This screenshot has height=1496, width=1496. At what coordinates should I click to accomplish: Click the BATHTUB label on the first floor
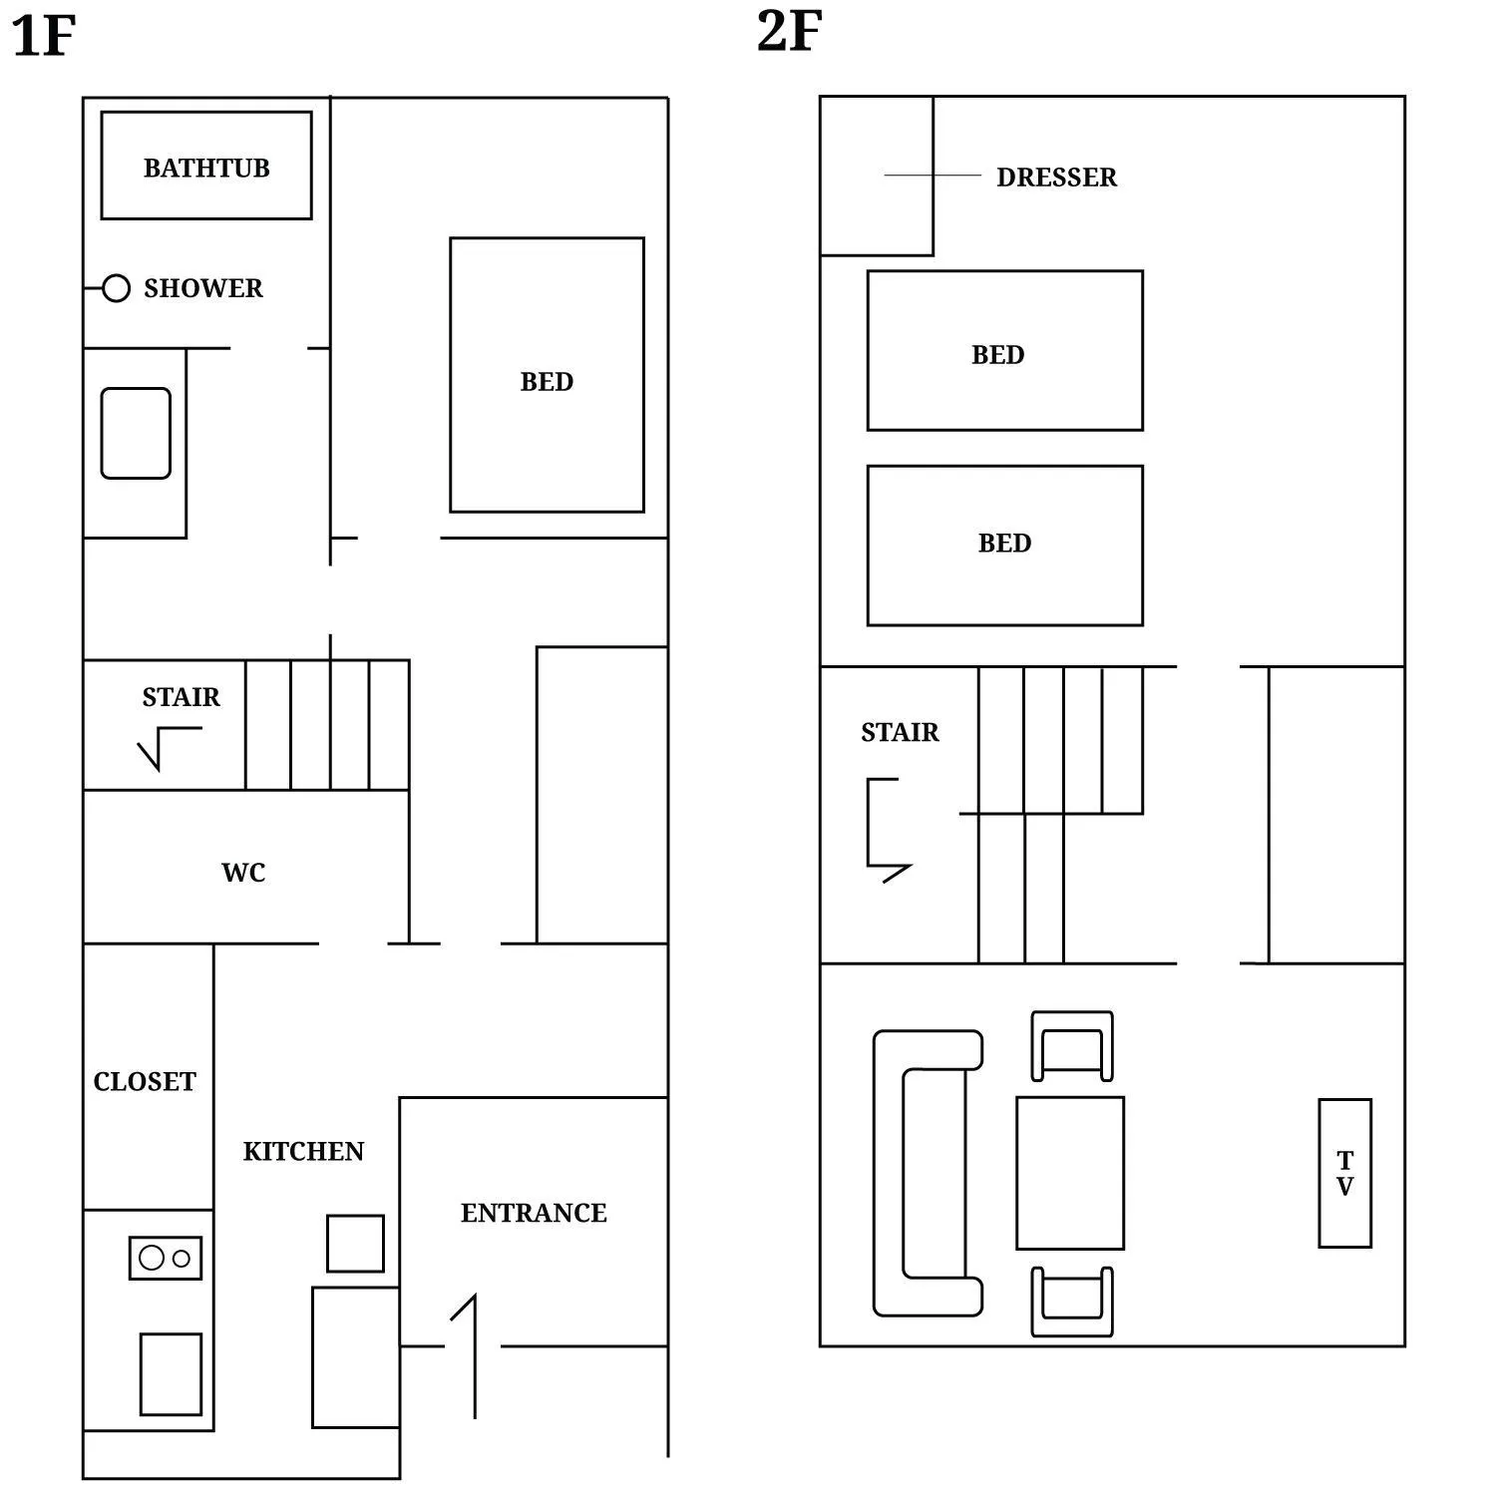206,168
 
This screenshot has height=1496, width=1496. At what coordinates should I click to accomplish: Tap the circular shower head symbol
116,288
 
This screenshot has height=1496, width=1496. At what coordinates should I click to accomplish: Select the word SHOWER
203,288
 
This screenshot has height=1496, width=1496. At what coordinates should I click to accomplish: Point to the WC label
243,873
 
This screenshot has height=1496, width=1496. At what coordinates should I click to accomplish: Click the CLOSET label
145,1082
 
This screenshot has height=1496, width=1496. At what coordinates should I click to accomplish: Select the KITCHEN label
303,1152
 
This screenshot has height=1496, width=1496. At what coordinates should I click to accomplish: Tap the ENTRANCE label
534,1213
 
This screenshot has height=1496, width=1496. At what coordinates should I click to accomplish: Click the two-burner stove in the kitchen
166,1258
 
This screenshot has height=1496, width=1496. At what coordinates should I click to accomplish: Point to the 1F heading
43,36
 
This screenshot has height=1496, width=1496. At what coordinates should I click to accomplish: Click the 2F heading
789,31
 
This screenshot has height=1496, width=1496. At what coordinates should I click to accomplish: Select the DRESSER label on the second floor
1056,178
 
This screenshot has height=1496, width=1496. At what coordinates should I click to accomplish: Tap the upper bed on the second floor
1004,351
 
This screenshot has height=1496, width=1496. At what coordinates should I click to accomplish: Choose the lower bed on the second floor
1004,546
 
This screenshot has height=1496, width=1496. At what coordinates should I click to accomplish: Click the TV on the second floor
1344,1173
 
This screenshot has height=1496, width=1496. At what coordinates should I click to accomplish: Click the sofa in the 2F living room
923,1173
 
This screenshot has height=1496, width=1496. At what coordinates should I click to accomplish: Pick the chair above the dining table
1072,1046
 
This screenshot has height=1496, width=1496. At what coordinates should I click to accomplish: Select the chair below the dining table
1072,1302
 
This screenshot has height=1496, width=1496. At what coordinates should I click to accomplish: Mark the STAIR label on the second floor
900,732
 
